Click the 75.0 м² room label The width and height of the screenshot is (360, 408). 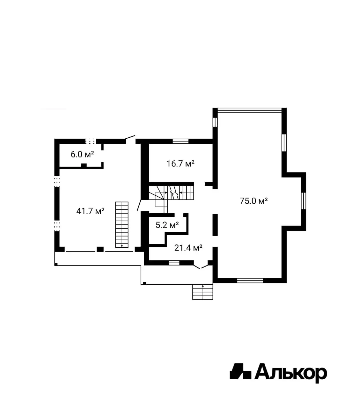click(253, 201)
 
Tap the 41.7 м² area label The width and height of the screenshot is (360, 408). click(90, 211)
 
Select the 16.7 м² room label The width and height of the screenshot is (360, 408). click(180, 164)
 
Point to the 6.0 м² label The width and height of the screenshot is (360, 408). click(82, 154)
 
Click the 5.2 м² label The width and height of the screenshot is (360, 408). click(167, 225)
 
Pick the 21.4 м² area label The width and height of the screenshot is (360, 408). click(188, 248)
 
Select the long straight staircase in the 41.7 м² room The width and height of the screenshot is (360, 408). click(122, 224)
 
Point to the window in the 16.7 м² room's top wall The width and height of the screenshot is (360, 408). click(180, 141)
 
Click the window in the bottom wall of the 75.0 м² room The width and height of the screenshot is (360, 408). click(250, 280)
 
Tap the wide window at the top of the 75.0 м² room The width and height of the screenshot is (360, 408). click(250, 110)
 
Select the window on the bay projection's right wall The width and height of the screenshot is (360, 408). click(303, 201)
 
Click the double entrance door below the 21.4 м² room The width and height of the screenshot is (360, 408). click(201, 266)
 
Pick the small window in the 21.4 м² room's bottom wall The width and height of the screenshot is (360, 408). click(174, 263)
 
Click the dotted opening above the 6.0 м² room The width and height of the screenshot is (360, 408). click(90, 141)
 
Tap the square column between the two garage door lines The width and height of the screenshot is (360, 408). click(100, 249)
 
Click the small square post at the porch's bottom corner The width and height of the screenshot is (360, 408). click(144, 283)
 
